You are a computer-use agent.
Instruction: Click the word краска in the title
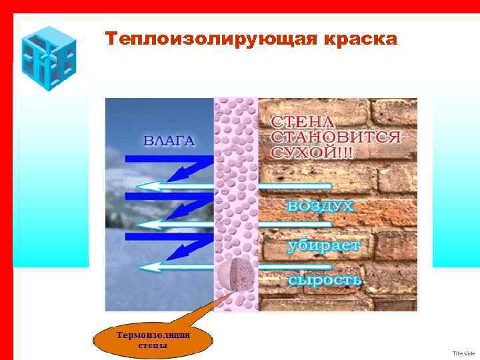click(360, 39)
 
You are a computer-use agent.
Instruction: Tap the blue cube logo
click(48, 58)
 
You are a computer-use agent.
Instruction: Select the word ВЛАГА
click(169, 141)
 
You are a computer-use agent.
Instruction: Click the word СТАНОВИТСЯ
click(336, 137)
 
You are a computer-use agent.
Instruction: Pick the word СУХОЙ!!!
click(312, 152)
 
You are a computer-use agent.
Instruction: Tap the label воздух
click(321, 206)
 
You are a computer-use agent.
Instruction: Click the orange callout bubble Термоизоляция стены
click(153, 340)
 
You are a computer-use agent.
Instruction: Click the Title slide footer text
click(463, 353)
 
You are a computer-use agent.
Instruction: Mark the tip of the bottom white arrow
click(139, 267)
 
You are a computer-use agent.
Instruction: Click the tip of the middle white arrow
click(139, 227)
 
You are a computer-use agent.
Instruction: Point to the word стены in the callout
click(153, 345)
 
